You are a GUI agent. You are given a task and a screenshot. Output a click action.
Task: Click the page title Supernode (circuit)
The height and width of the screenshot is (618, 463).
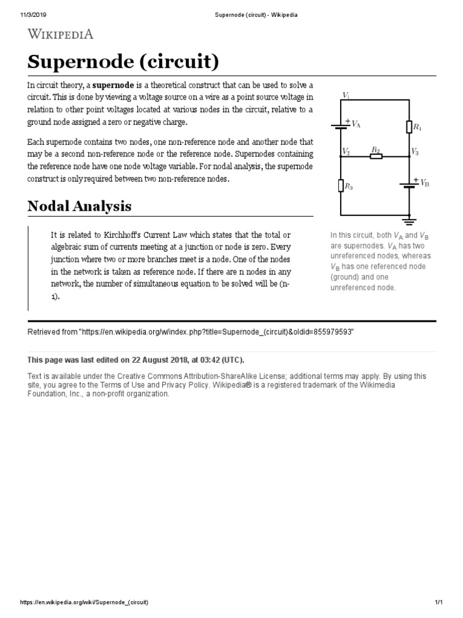tap(123, 62)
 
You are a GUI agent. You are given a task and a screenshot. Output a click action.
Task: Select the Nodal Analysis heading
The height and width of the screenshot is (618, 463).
tap(79, 206)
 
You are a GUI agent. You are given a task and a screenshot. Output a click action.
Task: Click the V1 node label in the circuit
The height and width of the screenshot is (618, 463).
tap(346, 95)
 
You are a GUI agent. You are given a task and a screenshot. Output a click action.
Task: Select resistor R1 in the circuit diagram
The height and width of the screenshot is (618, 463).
tap(410, 126)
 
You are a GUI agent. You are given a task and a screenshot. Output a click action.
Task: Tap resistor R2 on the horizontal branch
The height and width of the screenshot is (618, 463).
tap(376, 156)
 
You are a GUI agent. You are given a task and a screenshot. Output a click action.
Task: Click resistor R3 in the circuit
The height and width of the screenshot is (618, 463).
tap(341, 186)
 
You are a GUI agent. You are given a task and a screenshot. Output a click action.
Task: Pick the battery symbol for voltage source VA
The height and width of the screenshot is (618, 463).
tap(341, 125)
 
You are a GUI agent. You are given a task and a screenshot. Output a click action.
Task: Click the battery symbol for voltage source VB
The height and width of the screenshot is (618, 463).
tap(409, 183)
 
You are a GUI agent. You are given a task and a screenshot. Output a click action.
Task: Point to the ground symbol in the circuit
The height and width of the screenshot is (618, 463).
tap(409, 219)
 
